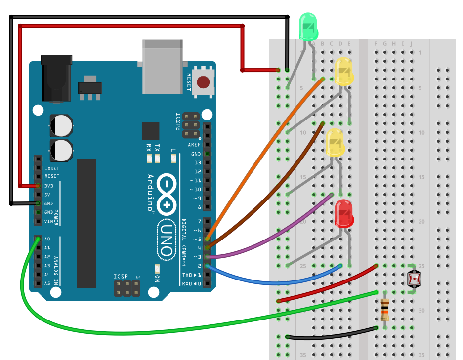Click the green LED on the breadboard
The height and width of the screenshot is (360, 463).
pyautogui.click(x=309, y=27)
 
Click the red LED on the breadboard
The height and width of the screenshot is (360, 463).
pyautogui.click(x=344, y=213)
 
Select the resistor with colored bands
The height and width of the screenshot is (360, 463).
pyautogui.click(x=385, y=310)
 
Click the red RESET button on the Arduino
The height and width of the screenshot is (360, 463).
pyautogui.click(x=203, y=81)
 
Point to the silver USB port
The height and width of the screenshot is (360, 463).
pyautogui.click(x=162, y=66)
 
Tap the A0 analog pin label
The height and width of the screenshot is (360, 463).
pyautogui.click(x=47, y=239)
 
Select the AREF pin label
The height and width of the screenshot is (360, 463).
pyautogui.click(x=194, y=145)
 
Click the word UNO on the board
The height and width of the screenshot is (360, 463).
pyautogui.click(x=167, y=240)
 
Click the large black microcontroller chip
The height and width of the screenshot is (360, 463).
pyautogui.click(x=86, y=223)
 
